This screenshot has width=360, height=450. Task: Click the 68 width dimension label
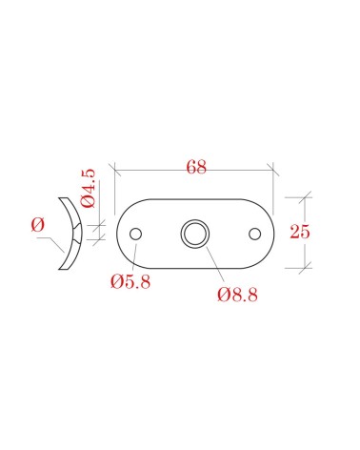(x=196, y=167)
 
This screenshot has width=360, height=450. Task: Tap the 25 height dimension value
(x=299, y=232)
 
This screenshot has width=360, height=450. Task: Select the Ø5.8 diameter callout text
(x=130, y=281)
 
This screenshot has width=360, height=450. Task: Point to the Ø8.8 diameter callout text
(x=237, y=295)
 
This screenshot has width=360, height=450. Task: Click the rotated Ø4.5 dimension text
(x=88, y=188)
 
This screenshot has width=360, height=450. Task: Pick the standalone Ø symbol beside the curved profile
(x=38, y=225)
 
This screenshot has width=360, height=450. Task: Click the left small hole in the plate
(x=135, y=234)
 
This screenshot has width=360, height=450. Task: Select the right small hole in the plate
(x=254, y=234)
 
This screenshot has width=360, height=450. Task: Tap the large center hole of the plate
(x=195, y=234)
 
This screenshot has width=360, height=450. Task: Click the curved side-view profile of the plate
(x=79, y=234)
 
